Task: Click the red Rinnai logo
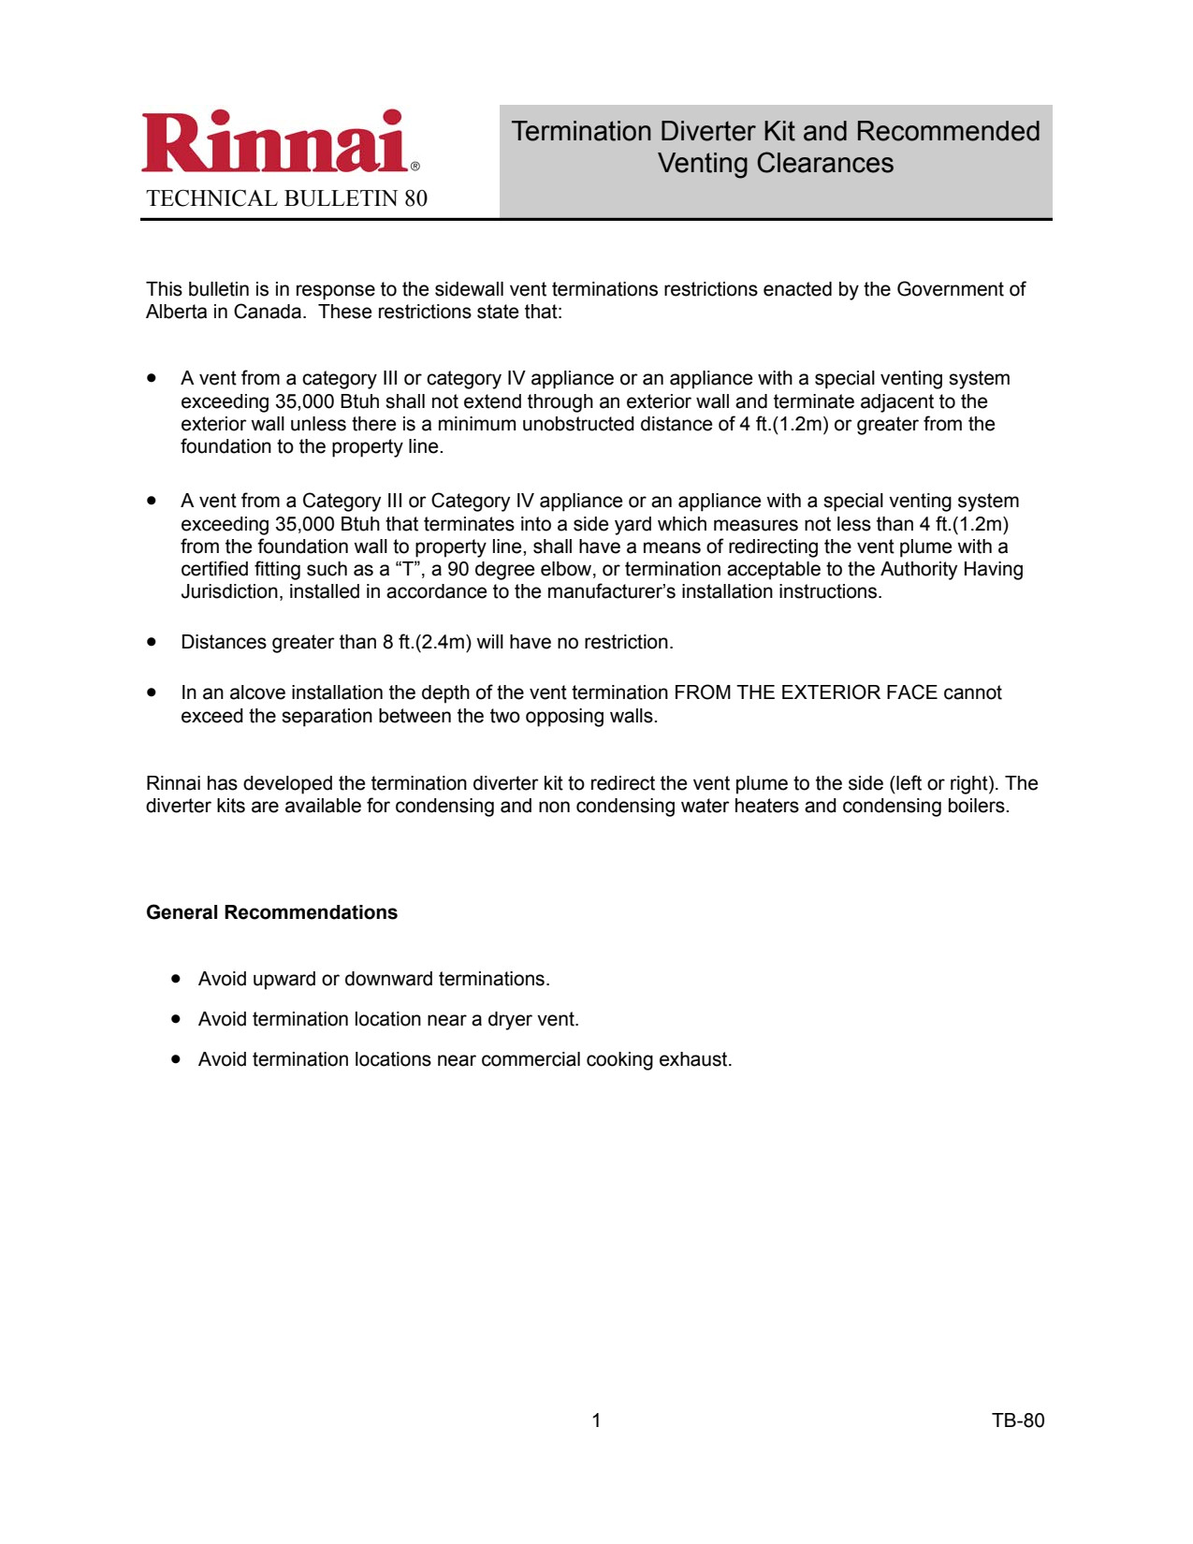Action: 277,142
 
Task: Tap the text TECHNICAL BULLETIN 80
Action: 286,198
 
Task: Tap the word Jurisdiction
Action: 230,591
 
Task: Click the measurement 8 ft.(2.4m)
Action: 427,642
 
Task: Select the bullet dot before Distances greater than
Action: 152,641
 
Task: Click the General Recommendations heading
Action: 271,912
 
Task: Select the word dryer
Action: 511,1019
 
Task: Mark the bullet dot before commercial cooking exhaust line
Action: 176,1058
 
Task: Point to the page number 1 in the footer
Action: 596,1420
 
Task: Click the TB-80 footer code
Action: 1018,1420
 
